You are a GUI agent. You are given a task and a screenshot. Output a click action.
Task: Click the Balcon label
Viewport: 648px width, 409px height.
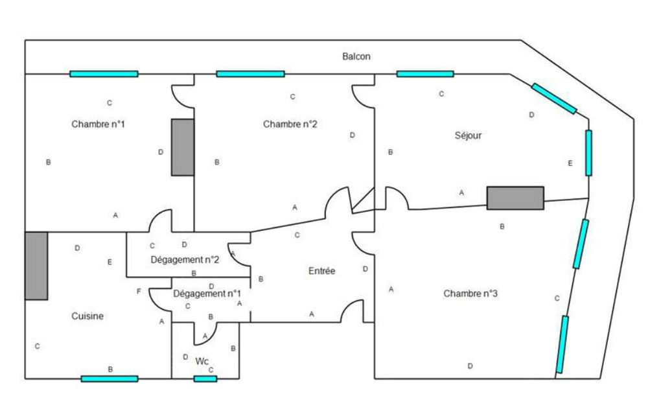pyautogui.click(x=356, y=57)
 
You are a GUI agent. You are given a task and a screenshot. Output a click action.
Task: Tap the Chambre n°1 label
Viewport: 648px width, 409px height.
pyautogui.click(x=98, y=124)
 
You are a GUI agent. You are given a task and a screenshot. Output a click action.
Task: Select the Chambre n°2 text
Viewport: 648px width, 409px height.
pyautogui.click(x=290, y=124)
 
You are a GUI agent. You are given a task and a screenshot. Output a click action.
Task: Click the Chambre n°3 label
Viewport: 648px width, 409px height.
pyautogui.click(x=470, y=294)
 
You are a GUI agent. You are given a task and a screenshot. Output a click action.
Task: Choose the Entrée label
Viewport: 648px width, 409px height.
pyautogui.click(x=321, y=271)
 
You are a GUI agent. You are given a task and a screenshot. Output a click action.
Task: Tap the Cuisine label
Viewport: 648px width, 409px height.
pyautogui.click(x=87, y=316)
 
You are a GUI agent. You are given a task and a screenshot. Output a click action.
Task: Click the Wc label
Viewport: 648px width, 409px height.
pyautogui.click(x=202, y=362)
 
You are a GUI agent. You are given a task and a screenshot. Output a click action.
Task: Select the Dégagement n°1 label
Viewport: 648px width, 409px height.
pyautogui.click(x=207, y=294)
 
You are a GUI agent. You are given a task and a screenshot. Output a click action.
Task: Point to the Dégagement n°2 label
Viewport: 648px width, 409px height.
pyautogui.click(x=185, y=260)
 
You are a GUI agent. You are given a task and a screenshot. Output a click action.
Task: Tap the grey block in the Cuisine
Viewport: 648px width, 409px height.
pyautogui.click(x=36, y=266)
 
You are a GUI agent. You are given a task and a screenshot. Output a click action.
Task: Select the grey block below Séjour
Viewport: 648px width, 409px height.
pyautogui.click(x=515, y=198)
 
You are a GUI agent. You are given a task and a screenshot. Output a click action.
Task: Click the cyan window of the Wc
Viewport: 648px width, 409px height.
pyautogui.click(x=205, y=379)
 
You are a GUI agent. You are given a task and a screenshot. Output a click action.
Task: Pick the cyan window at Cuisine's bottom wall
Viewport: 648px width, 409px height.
pyautogui.click(x=110, y=379)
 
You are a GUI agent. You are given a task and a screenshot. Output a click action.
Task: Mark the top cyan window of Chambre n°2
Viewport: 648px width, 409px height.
pyautogui.click(x=250, y=74)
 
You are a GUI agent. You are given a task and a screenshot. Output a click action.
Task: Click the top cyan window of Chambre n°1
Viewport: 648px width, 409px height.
pyautogui.click(x=104, y=74)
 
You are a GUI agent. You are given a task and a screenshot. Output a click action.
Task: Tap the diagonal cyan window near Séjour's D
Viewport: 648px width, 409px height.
pyautogui.click(x=554, y=98)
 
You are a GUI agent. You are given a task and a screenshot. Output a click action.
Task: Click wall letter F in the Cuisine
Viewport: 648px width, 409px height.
pyautogui.click(x=139, y=292)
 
